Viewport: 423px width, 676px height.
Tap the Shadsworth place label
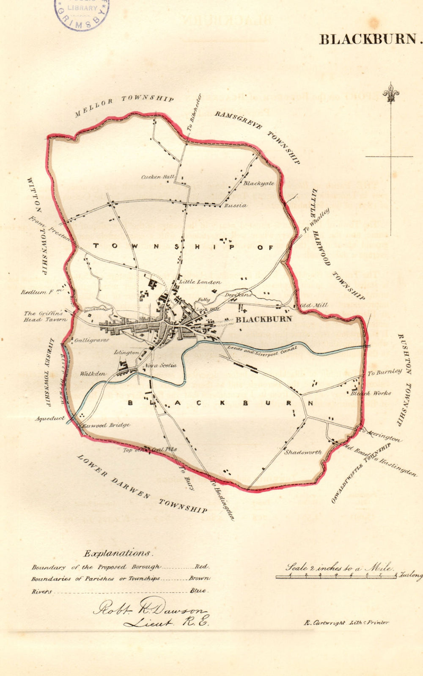point(302,452)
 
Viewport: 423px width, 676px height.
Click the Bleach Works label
point(371,393)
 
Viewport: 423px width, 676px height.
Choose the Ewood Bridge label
point(106,425)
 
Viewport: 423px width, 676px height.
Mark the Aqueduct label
point(50,418)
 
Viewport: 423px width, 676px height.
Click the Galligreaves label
point(91,340)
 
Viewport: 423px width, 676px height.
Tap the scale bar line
point(336,577)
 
